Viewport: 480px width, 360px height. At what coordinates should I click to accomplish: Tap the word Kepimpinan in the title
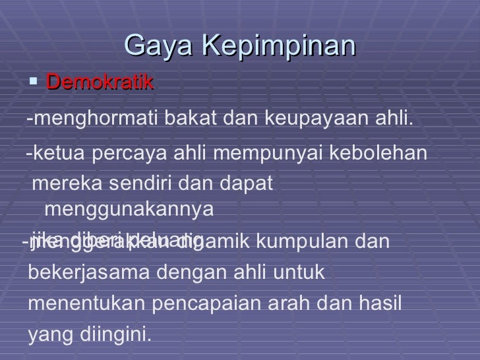point(277,47)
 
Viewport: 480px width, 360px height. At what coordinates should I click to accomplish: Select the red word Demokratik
point(100,83)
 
